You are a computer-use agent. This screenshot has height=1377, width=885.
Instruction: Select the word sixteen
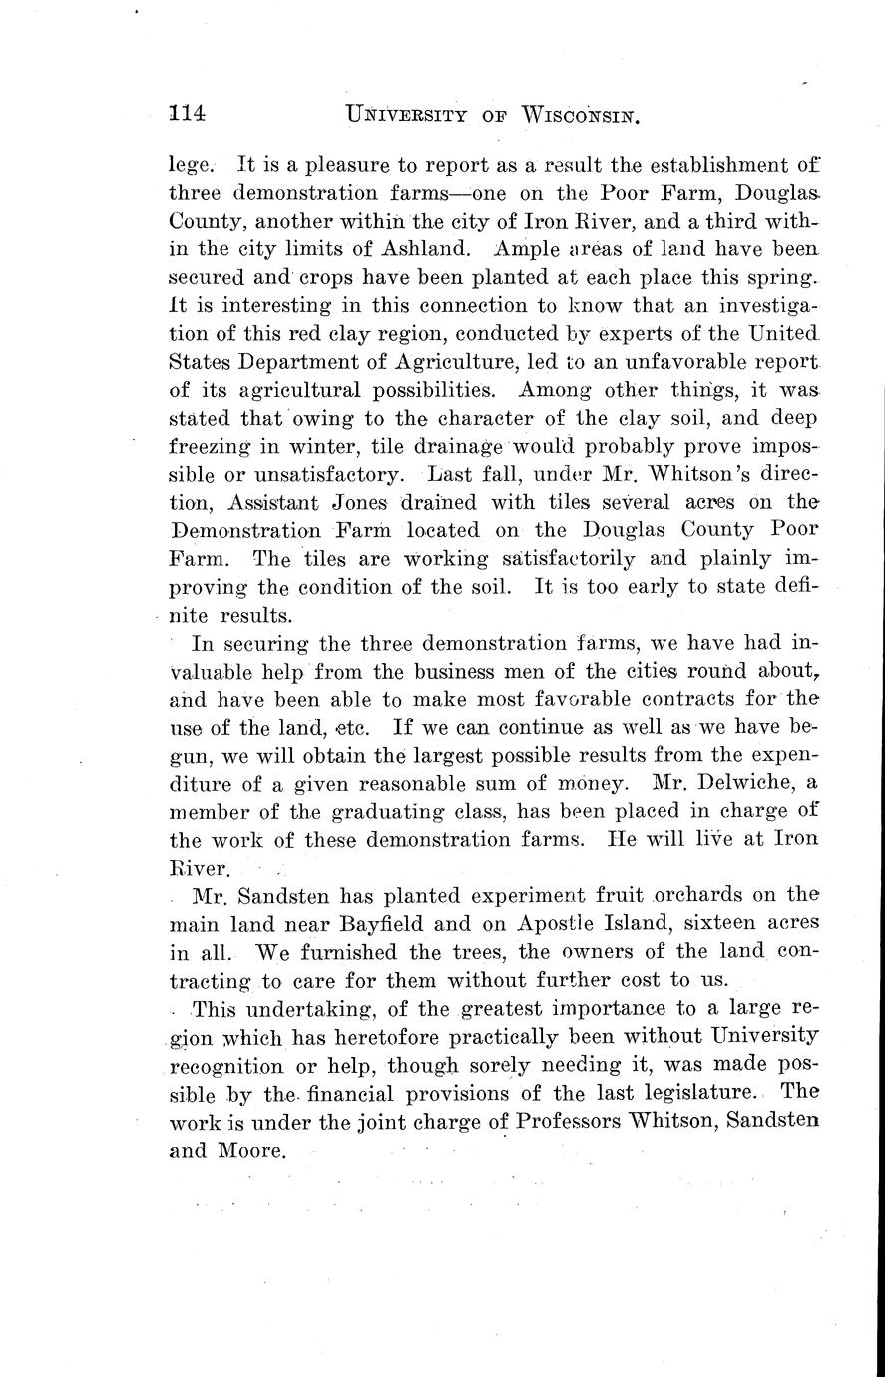[726, 923]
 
